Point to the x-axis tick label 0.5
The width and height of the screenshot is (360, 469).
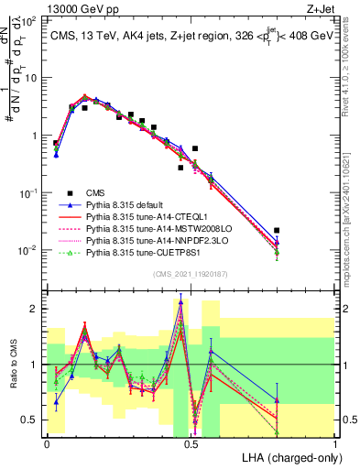coord(191,442)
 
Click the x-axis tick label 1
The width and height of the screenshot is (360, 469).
coord(336,442)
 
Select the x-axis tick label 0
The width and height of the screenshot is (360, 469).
coord(47,442)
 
